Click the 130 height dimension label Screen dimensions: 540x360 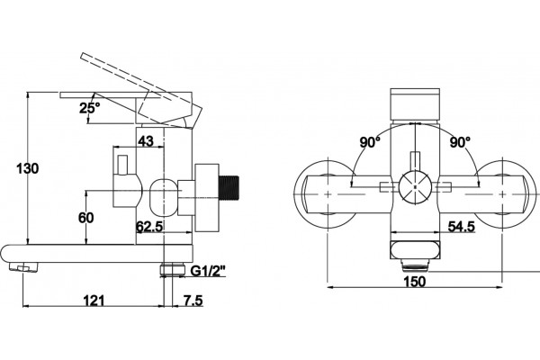pyautogui.click(x=28, y=168)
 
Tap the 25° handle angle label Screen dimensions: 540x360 pyautogui.click(x=89, y=108)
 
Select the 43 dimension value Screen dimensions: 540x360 pyautogui.click(x=145, y=140)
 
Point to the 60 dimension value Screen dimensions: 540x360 pyautogui.click(x=85, y=218)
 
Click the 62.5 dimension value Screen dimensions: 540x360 pyautogui.click(x=149, y=227)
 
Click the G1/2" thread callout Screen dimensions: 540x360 pyautogui.click(x=208, y=271)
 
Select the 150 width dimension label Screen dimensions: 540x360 pyautogui.click(x=415, y=282)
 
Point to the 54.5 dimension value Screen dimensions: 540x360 pyautogui.click(x=462, y=226)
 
